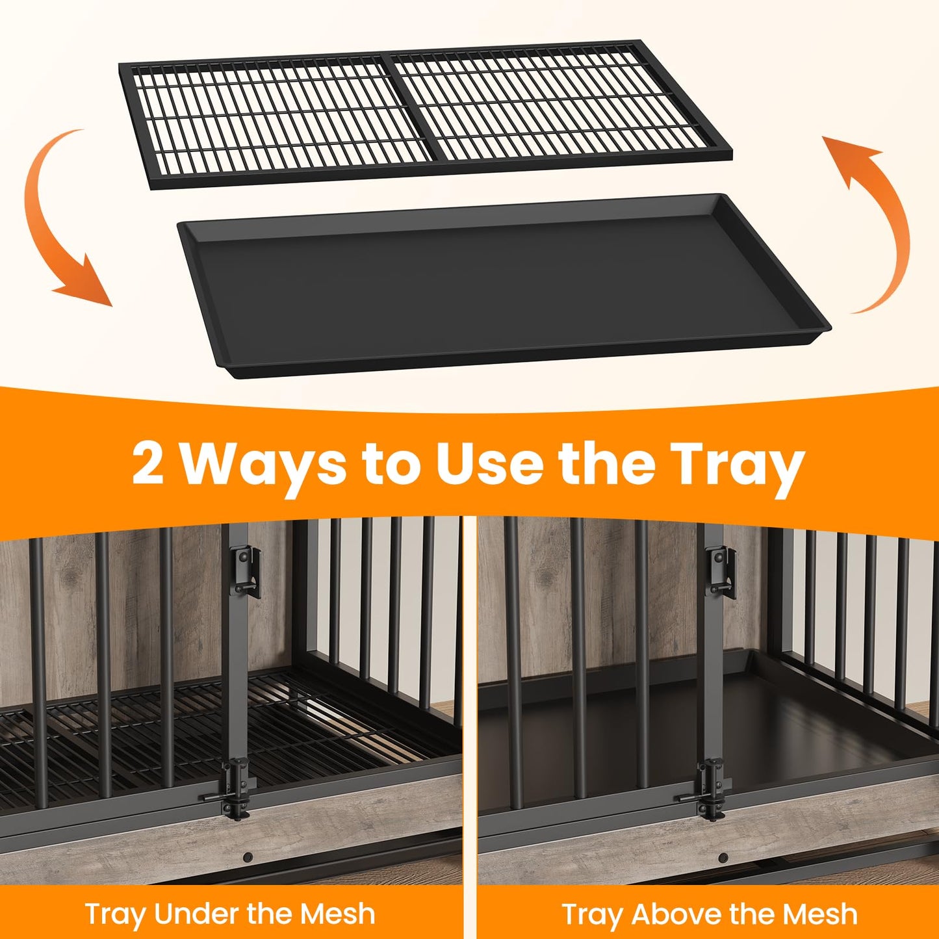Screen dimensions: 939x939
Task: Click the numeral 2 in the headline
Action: coord(149,463)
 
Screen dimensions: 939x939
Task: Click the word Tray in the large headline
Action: coord(741,465)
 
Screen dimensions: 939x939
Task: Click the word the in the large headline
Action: coord(608,463)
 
